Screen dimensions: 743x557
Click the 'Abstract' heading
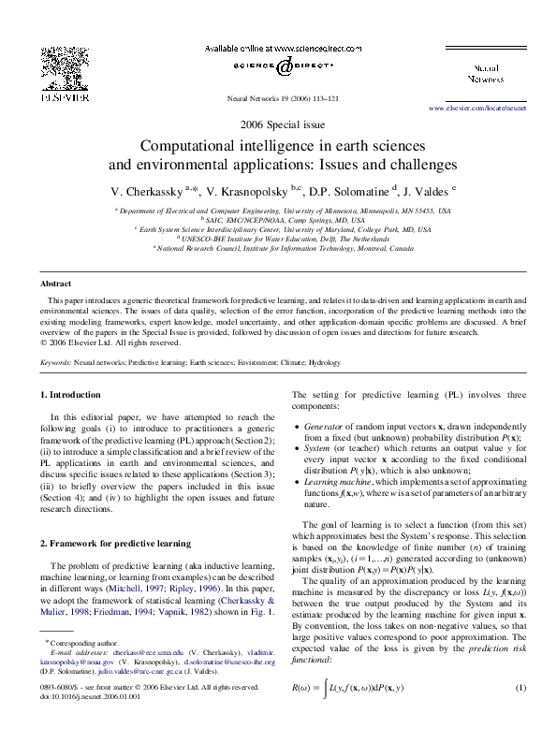55,283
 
